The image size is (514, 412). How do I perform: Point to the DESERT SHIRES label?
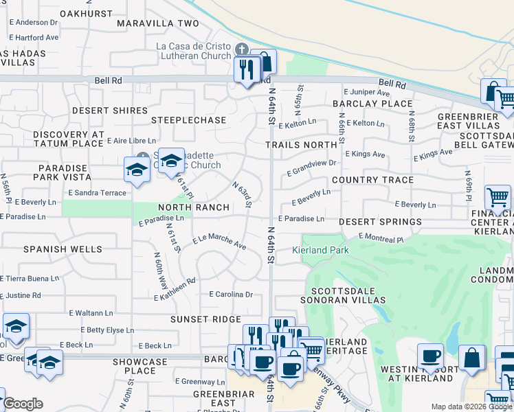click(110, 111)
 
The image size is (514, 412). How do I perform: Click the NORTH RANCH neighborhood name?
click(194, 207)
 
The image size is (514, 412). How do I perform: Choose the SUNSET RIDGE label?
click(206, 319)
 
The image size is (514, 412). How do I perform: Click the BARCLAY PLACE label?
click(372, 104)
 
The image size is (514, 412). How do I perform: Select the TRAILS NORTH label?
click(302, 145)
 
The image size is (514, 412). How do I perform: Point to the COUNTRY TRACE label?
click(372, 180)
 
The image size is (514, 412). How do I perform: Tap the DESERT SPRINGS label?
click(380, 222)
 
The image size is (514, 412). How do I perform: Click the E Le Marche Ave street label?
click(219, 242)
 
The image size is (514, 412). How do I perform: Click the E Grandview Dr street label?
click(313, 165)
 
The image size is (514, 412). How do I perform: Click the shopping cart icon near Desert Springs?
click(497, 197)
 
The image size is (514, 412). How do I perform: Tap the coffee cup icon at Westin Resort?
click(431, 356)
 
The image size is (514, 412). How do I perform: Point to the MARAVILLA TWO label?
click(157, 23)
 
